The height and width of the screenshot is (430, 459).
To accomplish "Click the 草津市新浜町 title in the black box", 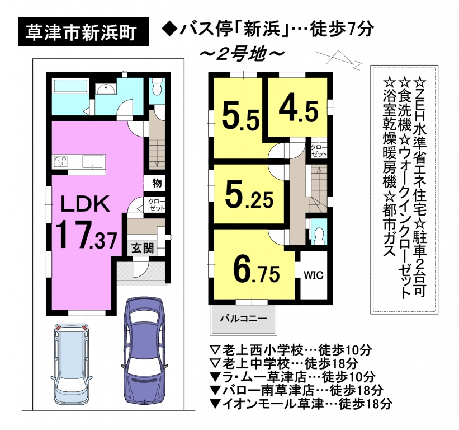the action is pos(81,32).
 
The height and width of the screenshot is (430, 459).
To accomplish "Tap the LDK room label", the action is pos(85,203).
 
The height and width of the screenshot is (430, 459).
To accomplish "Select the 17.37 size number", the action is pos(86,236).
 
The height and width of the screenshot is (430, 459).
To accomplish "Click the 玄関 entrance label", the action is pos(142,248).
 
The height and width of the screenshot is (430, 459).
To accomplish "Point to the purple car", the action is pos(144,351).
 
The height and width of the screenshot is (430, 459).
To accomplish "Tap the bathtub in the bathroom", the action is pos(70,86).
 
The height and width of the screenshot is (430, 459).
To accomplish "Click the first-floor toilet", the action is pos(158,87).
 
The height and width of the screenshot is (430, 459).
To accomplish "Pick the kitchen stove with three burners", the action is pos(60,161).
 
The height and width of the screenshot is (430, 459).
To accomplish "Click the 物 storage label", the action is pos(157,184).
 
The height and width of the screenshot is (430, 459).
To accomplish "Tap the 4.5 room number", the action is pos(299,110).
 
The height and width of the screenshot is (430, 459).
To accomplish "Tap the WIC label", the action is pos(314,275).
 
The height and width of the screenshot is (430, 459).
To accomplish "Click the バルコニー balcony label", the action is pos(244,319).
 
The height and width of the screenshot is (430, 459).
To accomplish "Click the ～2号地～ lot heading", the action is pos(242,54).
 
